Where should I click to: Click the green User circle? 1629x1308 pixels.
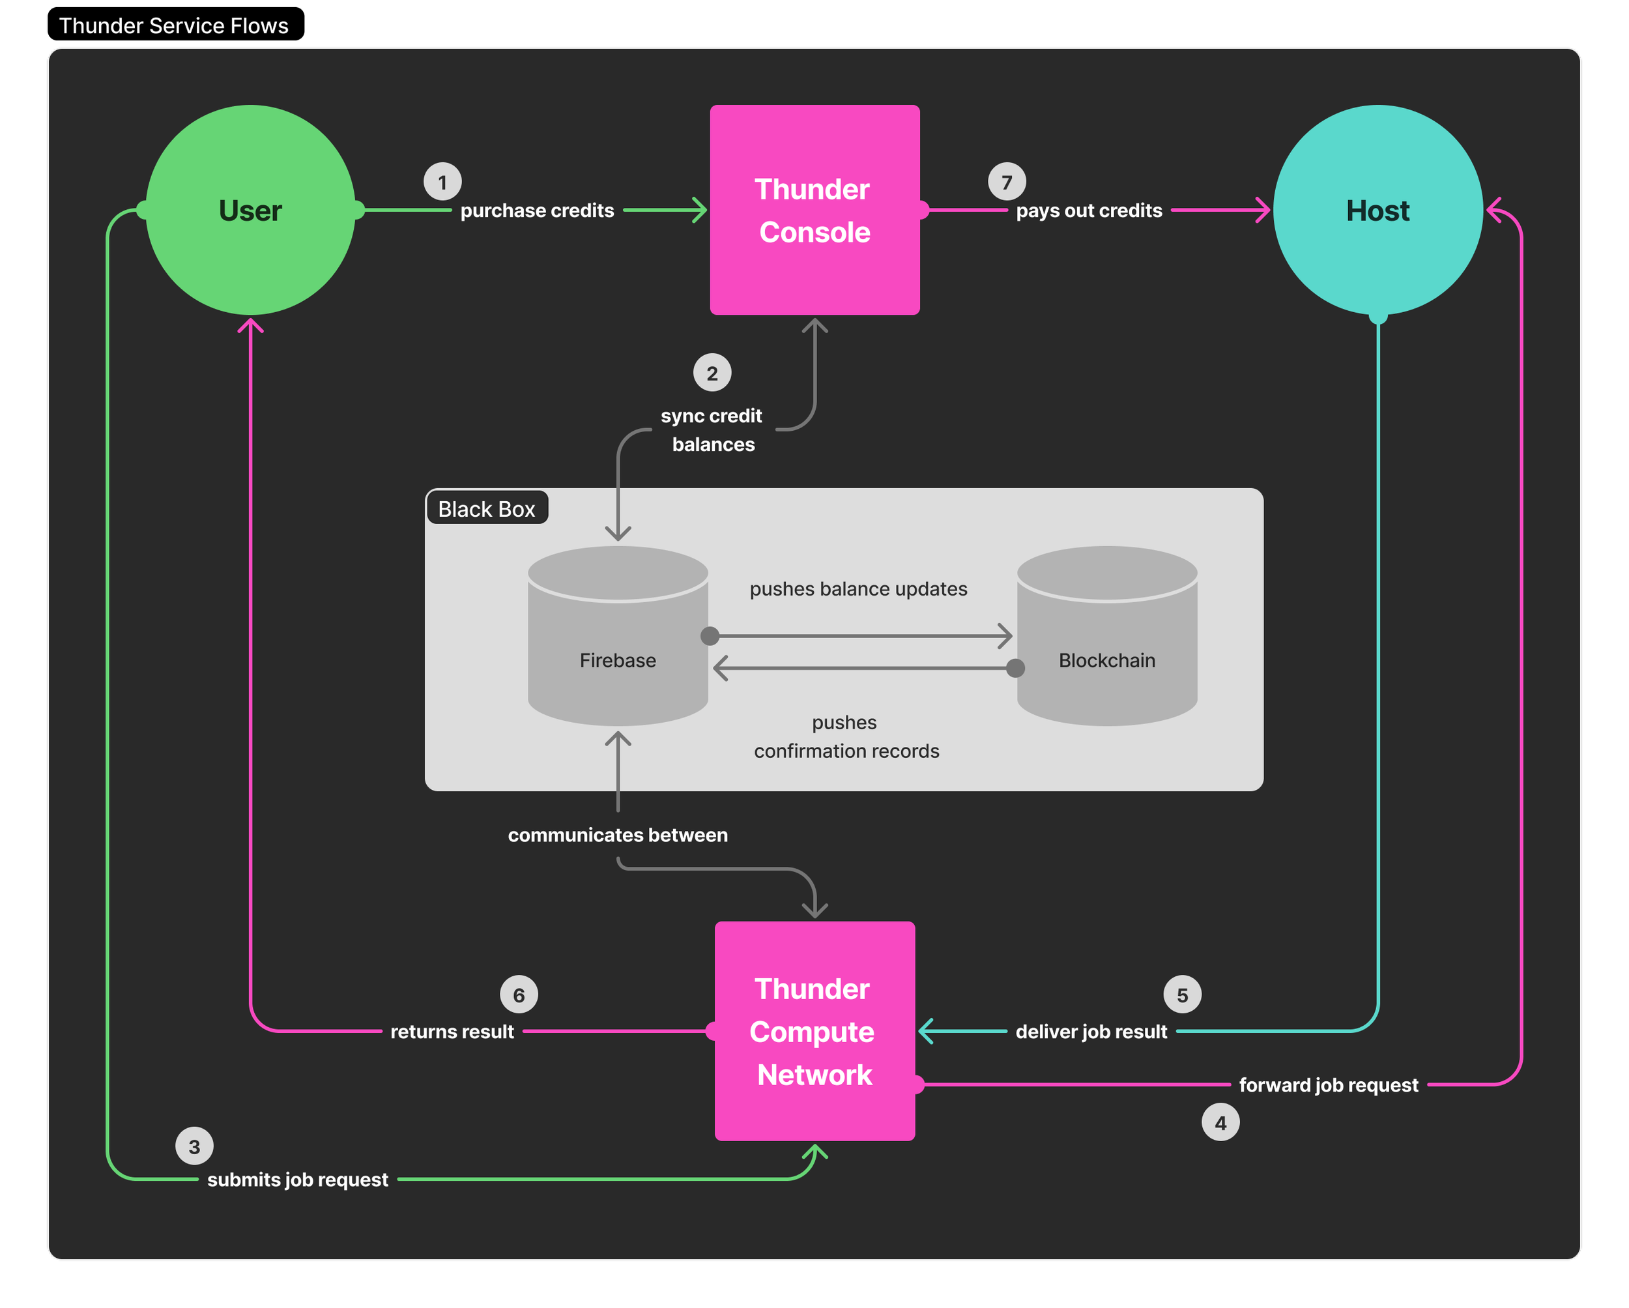tap(250, 210)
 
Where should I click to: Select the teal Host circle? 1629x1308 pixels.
tap(1377, 210)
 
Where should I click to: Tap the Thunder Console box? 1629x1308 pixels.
tap(814, 210)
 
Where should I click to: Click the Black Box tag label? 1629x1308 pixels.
tap(487, 508)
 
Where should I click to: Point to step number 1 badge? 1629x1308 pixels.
tap(442, 182)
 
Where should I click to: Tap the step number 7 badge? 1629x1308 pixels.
tap(1007, 182)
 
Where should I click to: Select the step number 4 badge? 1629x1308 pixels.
tap(1220, 1123)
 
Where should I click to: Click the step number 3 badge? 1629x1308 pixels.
tap(194, 1146)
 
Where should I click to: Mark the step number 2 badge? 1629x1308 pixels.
tap(712, 373)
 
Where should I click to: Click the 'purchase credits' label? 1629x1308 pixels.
tap(537, 211)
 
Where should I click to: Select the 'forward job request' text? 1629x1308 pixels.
tap(1328, 1085)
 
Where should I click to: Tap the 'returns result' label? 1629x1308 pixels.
tap(452, 1032)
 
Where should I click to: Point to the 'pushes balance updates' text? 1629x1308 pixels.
tap(858, 589)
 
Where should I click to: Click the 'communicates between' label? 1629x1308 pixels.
tap(617, 835)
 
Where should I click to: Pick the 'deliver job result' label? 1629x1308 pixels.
tap(1091, 1032)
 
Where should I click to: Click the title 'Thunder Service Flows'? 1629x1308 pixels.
tap(174, 25)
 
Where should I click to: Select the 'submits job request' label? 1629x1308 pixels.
tap(298, 1180)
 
